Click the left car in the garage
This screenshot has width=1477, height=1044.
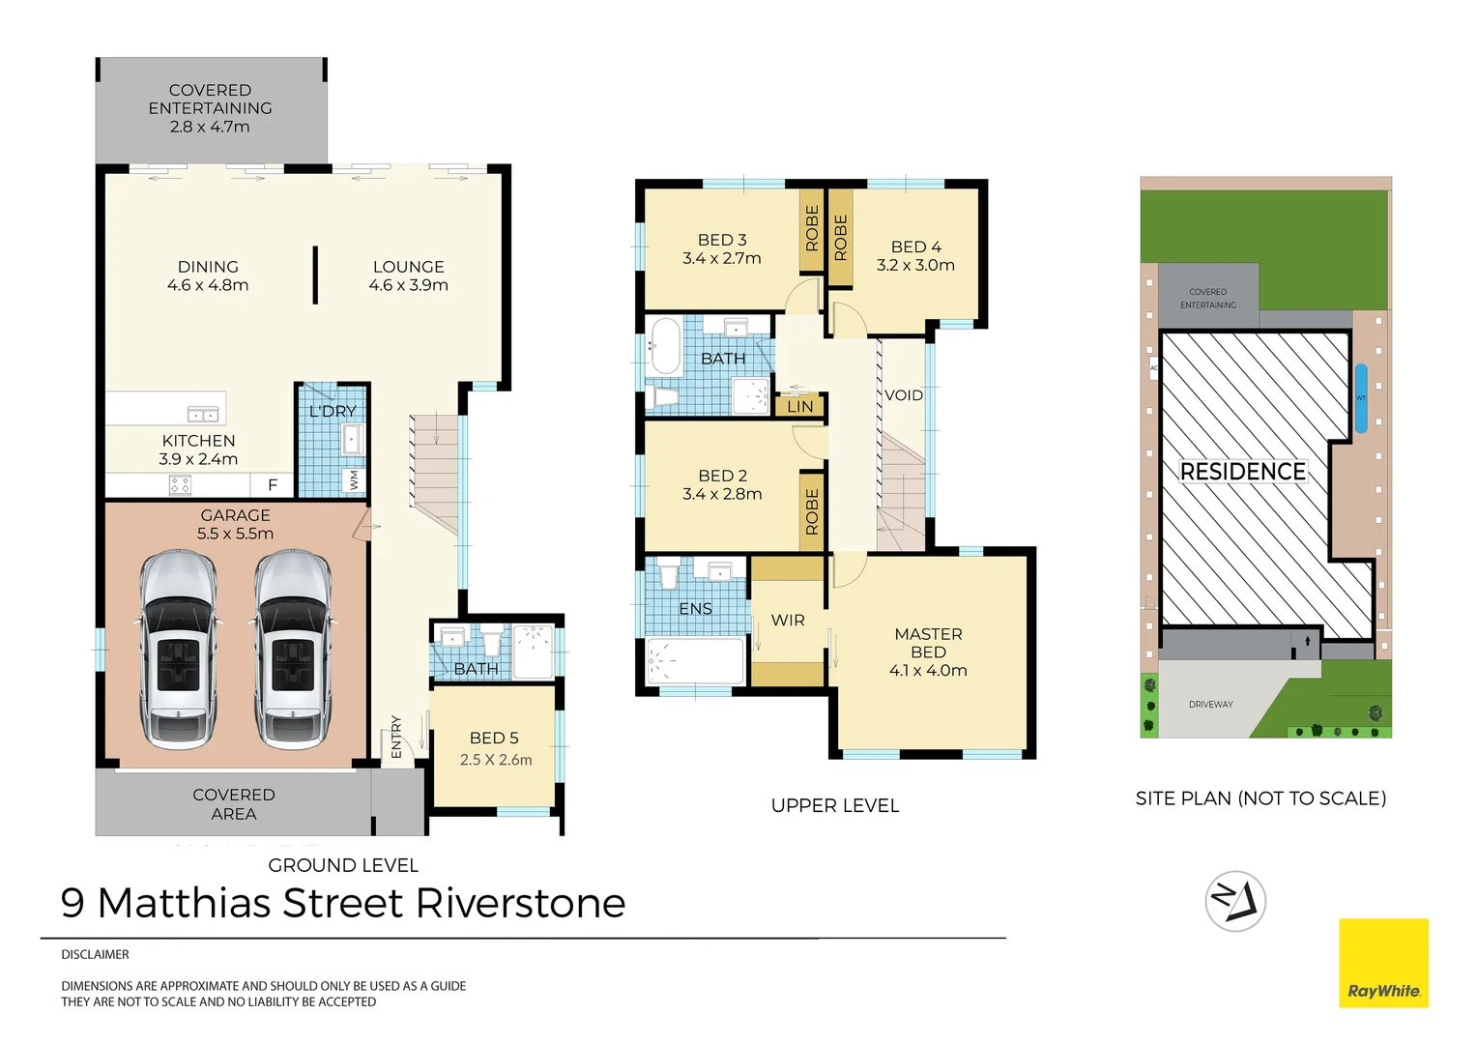click(x=178, y=650)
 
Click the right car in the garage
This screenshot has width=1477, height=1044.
click(x=293, y=650)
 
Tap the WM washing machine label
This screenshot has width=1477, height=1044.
click(x=354, y=479)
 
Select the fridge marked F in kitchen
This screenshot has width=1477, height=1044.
click(x=273, y=484)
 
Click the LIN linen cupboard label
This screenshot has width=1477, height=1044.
click(x=800, y=406)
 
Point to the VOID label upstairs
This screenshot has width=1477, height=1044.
click(x=904, y=395)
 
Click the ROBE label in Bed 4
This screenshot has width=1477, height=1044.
click(x=841, y=238)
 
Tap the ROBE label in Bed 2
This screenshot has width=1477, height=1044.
click(x=812, y=511)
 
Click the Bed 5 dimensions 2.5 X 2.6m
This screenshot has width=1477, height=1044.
click(x=496, y=760)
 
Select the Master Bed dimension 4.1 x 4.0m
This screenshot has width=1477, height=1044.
click(x=928, y=670)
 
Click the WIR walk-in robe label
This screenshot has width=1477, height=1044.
click(x=788, y=621)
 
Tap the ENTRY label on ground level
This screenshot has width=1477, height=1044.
click(x=396, y=737)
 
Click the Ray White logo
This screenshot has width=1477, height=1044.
click(x=1383, y=963)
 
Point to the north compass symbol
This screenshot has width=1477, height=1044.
click(x=1235, y=902)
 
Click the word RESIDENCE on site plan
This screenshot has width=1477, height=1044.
click(x=1243, y=472)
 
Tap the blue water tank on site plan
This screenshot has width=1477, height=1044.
click(x=1361, y=397)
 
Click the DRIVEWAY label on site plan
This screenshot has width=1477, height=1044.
click(x=1211, y=705)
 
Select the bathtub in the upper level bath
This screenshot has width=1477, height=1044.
click(x=665, y=346)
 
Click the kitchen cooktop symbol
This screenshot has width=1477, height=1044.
click(x=181, y=484)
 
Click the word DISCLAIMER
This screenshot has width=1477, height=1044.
click(x=95, y=954)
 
